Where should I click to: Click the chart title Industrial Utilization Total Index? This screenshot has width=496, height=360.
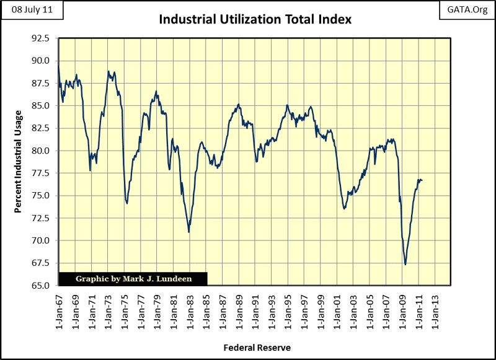[255, 19]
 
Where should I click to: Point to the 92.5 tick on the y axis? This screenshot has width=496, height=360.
[40, 38]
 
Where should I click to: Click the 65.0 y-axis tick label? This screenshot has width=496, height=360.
[40, 286]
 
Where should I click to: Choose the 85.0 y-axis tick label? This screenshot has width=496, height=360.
[40, 106]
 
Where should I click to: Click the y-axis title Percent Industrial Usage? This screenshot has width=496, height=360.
[18, 161]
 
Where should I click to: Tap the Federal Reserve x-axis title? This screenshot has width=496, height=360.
[257, 348]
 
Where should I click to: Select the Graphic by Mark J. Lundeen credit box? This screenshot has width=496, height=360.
[133, 279]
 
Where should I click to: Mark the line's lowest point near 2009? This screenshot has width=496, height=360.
[405, 265]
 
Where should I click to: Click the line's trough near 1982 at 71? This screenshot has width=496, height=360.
[188, 232]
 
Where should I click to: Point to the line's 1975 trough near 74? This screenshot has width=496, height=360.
[126, 203]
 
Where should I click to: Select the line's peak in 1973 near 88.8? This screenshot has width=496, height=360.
[108, 71]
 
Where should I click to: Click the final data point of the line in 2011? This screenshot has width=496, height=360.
[422, 180]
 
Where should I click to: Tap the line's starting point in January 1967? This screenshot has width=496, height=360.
[58, 66]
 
